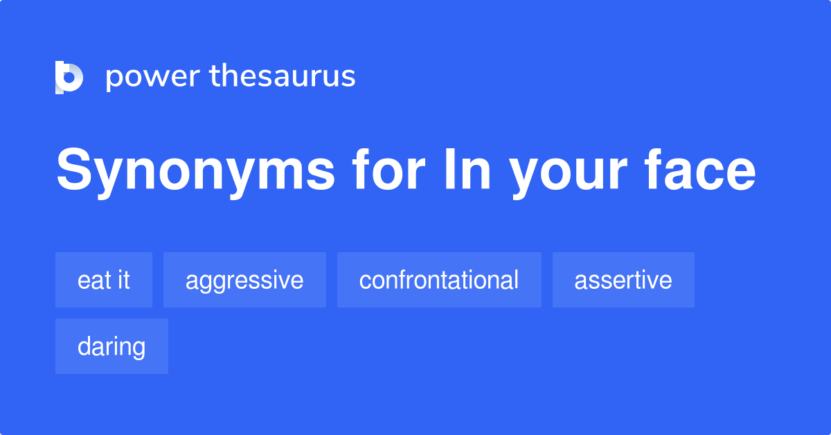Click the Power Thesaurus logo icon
tap(69, 77)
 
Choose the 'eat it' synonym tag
tap(104, 280)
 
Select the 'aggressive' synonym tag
tap(244, 280)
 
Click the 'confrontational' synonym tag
tap(439, 280)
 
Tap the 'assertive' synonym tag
tap(623, 280)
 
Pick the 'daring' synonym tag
tap(111, 346)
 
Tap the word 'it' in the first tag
tap(124, 280)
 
